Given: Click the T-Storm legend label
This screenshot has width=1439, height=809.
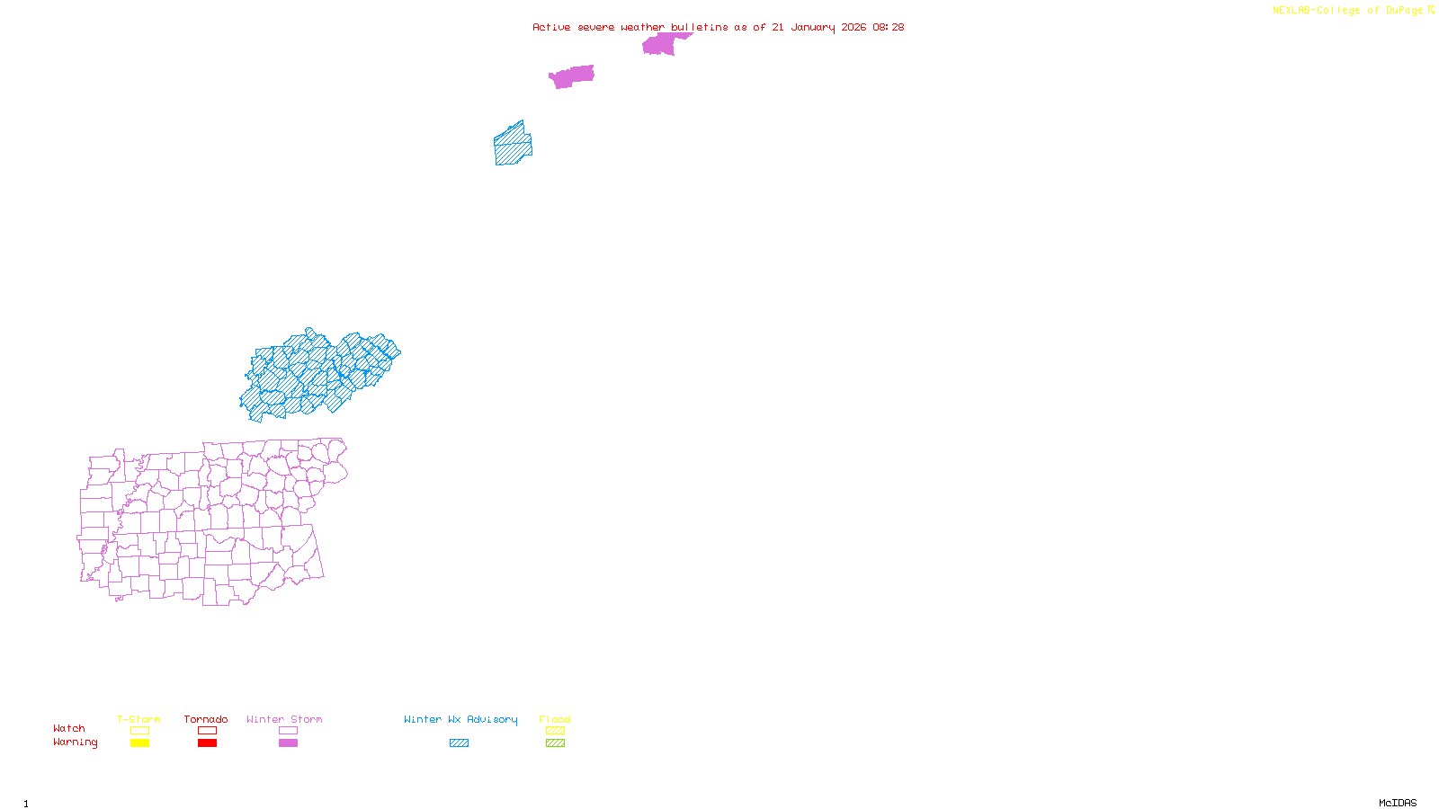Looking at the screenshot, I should [x=139, y=719].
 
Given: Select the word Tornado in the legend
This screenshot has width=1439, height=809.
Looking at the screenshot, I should [x=206, y=719].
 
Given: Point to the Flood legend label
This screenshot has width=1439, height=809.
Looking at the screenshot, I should [x=555, y=719].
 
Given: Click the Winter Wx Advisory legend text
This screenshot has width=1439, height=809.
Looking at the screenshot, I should [x=460, y=719].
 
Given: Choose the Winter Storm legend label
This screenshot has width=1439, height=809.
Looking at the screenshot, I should [x=284, y=719].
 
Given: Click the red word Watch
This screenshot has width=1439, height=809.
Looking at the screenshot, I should [x=69, y=728].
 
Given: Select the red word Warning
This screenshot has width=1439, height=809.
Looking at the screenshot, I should [x=76, y=742].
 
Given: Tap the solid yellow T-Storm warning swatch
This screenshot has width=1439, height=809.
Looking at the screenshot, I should [x=139, y=743].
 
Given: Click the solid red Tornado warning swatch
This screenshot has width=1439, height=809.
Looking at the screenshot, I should [x=207, y=743].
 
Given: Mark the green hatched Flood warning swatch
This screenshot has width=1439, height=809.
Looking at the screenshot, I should [x=556, y=743].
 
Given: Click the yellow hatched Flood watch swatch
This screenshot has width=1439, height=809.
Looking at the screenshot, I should [x=556, y=731].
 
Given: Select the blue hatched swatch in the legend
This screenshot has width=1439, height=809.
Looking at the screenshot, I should [x=459, y=743].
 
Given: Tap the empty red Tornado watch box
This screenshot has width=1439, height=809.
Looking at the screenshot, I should [x=207, y=731].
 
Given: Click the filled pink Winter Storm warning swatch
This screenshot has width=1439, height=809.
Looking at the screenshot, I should [x=288, y=743].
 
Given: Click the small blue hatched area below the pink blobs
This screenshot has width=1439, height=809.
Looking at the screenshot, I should [x=513, y=146].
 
